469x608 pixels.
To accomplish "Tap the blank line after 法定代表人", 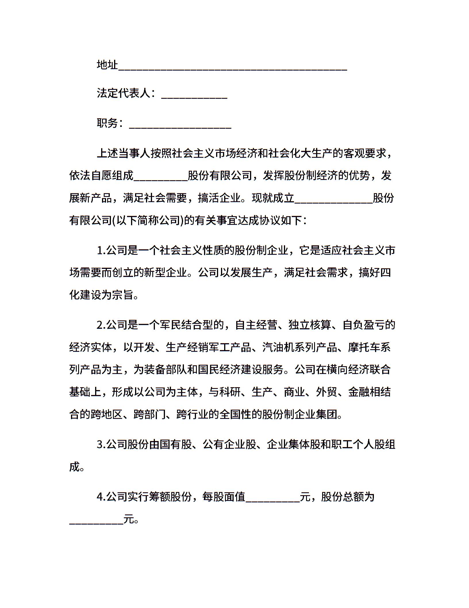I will point(194,97).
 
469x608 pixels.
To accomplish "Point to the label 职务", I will point(107,123).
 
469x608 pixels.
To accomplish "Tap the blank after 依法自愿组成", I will point(161,178).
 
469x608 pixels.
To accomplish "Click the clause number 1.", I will point(101,250).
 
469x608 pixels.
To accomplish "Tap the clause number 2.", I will point(101,325).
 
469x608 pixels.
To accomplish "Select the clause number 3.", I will point(101,444).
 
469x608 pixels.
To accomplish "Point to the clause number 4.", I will point(101,497).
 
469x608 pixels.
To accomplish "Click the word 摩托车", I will point(364,347).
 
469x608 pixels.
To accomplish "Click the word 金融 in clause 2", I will point(359,392).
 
